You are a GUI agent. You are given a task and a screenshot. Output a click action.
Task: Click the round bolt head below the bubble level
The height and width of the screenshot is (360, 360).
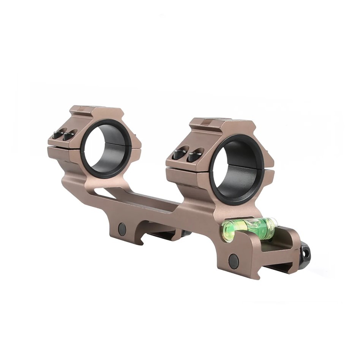click(233, 260)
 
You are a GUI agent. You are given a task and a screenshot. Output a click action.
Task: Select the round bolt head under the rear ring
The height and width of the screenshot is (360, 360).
click(122, 229)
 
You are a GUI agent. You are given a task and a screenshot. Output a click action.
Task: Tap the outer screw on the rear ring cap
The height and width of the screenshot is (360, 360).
click(58, 134)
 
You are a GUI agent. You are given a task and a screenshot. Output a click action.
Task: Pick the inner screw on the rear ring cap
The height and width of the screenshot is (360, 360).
click(69, 134)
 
